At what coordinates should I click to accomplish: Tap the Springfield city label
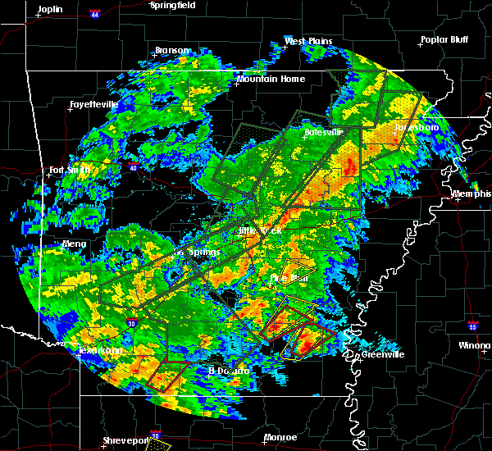(172, 5)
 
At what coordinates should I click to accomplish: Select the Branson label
(171, 51)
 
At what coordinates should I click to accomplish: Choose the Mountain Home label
(270, 80)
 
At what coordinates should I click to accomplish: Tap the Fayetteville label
(93, 105)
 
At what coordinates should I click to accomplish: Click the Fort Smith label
(68, 171)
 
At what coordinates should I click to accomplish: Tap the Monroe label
(280, 438)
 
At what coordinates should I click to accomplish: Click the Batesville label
(321, 132)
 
